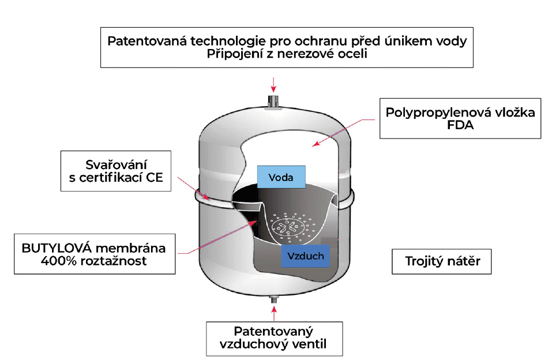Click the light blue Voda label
coord(281,177)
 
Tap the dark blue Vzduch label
coord(305,256)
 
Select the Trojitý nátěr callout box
coord(441,261)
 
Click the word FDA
coord(460,125)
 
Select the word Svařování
coord(116,164)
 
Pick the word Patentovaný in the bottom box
coord(273,332)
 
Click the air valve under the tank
coord(273,299)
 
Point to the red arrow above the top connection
coord(273,85)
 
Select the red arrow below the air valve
coord(273,313)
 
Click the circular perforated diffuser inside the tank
coord(288,228)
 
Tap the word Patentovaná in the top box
coord(147,41)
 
